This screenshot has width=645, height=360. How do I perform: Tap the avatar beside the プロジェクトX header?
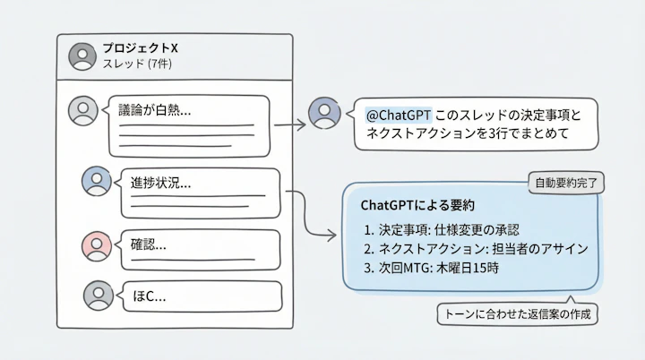point(82,56)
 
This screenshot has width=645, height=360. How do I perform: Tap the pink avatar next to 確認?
point(96,245)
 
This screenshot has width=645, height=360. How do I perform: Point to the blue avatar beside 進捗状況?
point(96,181)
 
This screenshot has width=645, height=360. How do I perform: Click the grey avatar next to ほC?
point(99,295)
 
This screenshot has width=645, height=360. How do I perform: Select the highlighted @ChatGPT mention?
point(399,116)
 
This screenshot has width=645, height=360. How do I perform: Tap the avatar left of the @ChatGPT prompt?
point(323,112)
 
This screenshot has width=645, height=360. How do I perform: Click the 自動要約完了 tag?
point(563,183)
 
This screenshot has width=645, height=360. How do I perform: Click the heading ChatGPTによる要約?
point(417,206)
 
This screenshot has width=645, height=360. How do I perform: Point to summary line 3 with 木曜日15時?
point(432,267)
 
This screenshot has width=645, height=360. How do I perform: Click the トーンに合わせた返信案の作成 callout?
point(517,314)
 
